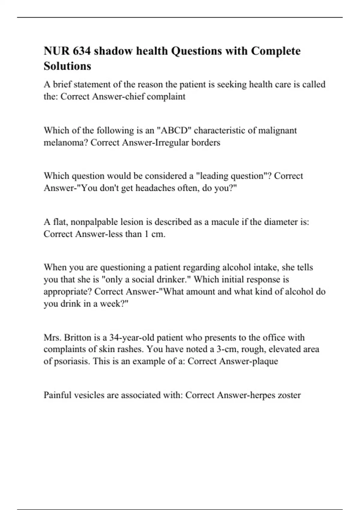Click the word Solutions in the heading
67,66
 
